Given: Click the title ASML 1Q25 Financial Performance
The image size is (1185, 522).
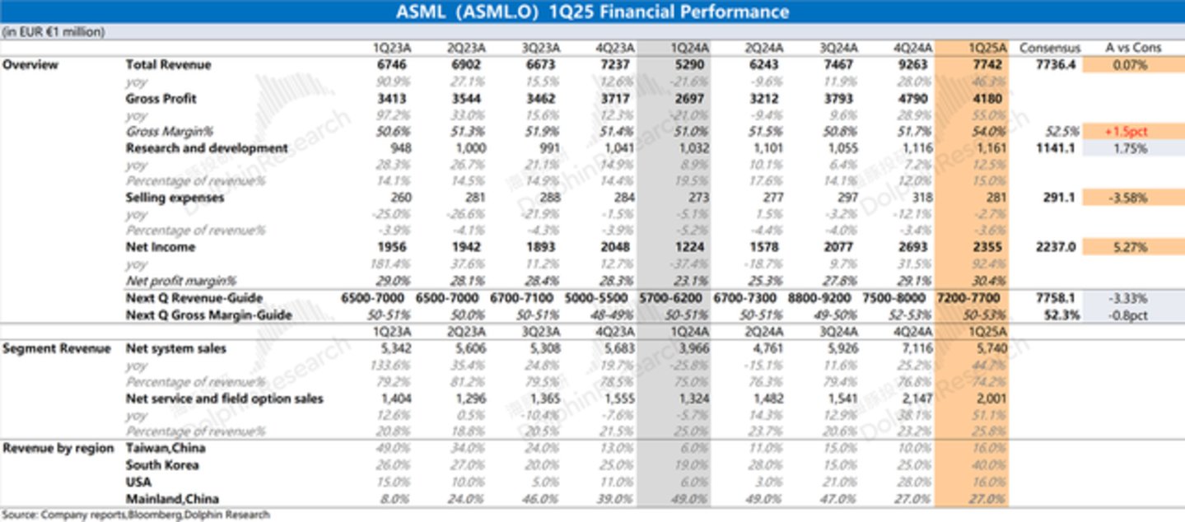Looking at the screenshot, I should pos(592,12).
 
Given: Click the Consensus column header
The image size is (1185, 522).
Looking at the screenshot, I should pos(1049,48).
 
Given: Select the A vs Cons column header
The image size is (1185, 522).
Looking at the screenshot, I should pos(1133,48).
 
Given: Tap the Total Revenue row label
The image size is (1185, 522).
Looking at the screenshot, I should pos(168,64).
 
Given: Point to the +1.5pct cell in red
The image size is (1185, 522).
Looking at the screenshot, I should pos(1133,132).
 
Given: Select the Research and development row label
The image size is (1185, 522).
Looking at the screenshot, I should pos(207,148).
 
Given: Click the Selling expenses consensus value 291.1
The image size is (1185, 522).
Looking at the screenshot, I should pos(1059,198).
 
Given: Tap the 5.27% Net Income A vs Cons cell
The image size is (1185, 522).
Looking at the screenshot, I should pos(1133,247).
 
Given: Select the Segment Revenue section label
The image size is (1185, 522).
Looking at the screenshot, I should pos(57,348).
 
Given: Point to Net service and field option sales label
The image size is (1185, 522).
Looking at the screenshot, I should pos(224,398).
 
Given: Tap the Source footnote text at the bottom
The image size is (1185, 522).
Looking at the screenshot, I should pos(135,515).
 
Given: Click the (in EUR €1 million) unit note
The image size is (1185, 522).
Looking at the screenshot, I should pos(54,32).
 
